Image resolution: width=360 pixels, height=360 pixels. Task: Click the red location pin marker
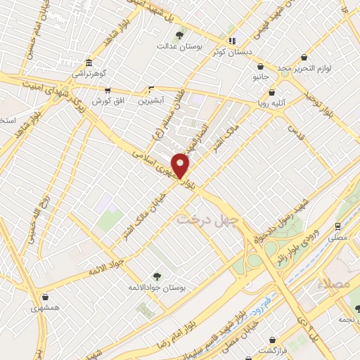click(181, 165)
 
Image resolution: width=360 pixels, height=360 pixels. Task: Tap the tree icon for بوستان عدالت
click(179, 35)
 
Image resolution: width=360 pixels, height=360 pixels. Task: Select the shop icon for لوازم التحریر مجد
click(304, 57)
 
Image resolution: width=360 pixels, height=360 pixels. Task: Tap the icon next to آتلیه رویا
click(281, 92)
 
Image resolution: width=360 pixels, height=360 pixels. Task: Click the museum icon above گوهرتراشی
click(88, 62)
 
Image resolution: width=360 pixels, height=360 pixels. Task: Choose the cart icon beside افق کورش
click(106, 91)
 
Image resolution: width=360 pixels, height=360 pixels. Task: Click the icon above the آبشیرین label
click(151, 90)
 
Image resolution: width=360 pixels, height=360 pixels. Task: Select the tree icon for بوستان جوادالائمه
click(157, 276)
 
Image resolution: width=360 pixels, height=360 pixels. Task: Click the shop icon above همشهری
click(46, 297)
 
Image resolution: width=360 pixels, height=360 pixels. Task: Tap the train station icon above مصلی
click(340, 227)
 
